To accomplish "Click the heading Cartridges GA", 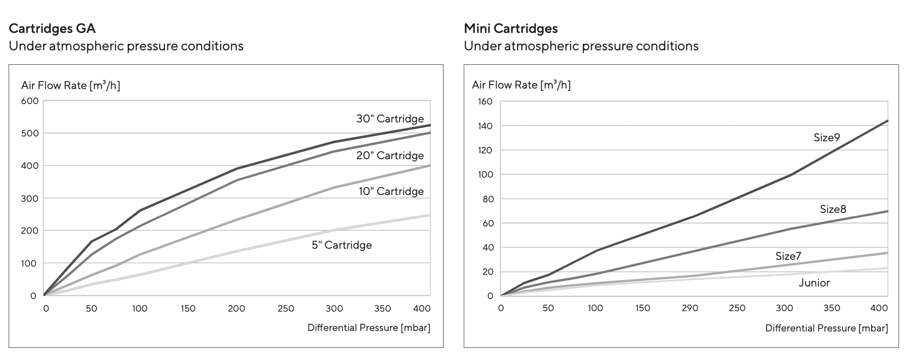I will click(x=52, y=29).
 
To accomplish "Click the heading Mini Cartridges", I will click(x=511, y=29).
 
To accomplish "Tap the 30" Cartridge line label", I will click(x=390, y=119).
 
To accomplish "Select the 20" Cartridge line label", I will click(x=390, y=155).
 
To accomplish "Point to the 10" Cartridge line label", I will click(x=391, y=191).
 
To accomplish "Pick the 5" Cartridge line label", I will click(x=341, y=245).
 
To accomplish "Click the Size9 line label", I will click(x=827, y=137).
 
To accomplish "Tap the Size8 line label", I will click(x=833, y=209).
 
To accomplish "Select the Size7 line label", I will click(x=788, y=256).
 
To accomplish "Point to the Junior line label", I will click(x=814, y=283).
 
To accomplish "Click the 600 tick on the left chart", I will click(x=30, y=101).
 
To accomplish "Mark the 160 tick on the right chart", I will click(x=485, y=102).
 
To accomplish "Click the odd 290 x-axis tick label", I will click(x=690, y=308).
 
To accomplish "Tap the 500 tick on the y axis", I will click(x=30, y=134).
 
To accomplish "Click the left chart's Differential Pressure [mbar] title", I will click(x=369, y=328).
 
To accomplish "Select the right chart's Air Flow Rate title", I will click(x=521, y=85).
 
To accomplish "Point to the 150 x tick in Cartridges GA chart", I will click(x=188, y=308).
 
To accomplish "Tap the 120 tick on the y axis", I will click(x=485, y=150).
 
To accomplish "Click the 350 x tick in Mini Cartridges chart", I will click(x=831, y=308).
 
